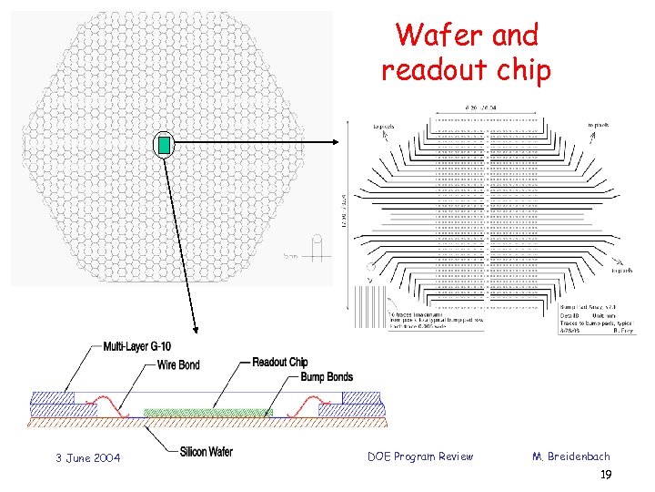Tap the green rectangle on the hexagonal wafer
pos(165,144)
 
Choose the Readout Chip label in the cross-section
pos(279,362)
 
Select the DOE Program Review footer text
pos(419,456)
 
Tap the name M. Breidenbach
pos(571,456)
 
